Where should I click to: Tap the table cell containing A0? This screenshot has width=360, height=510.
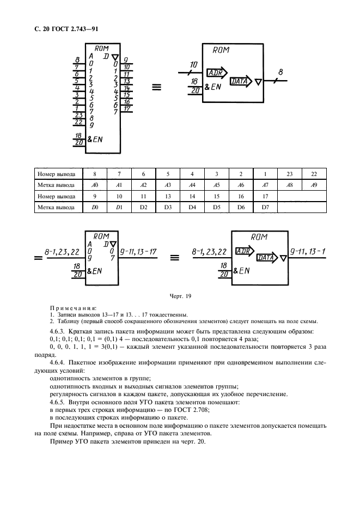(x=95, y=185)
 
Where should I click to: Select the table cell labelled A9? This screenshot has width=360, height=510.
(x=313, y=185)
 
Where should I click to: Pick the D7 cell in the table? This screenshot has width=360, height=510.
(x=265, y=207)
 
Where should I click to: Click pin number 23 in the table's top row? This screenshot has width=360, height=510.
(x=289, y=174)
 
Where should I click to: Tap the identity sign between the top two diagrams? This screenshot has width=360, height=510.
(x=156, y=87)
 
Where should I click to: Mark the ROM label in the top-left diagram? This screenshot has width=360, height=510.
(x=102, y=48)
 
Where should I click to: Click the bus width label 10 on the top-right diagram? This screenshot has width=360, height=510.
(x=193, y=65)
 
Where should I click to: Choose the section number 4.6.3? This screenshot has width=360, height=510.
(x=58, y=331)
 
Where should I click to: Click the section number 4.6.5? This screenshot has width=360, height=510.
(x=58, y=402)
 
